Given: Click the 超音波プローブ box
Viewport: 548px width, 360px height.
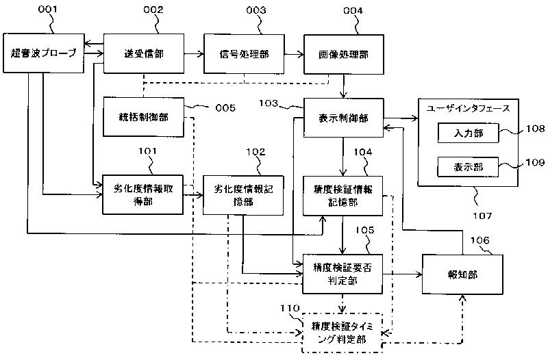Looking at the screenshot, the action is point(44,53).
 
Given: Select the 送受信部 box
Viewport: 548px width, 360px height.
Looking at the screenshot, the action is point(144,53).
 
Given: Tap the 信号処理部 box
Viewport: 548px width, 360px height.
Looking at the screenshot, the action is point(244,54).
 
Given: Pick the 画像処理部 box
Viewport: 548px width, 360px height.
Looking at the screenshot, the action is point(344,54).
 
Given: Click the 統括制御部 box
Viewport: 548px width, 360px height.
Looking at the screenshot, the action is point(143,117).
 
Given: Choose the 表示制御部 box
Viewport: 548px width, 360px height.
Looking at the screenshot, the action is point(344,118).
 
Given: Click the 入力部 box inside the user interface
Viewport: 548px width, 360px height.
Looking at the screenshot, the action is point(468,133).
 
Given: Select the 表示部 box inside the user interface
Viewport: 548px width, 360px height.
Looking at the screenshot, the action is point(468,167).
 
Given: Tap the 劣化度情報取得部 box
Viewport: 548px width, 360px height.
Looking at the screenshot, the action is point(142,194).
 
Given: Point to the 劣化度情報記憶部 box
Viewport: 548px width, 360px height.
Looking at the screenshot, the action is point(243,195).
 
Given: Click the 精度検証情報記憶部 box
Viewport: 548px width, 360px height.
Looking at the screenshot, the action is point(343,196).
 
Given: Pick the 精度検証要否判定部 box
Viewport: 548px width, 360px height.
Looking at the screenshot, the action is point(342,274).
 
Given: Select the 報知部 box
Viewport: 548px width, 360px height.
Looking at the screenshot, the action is point(462,274).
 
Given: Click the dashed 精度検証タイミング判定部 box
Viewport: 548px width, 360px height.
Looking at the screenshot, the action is point(342,333).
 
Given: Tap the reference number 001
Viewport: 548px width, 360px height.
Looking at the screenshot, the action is point(47,9).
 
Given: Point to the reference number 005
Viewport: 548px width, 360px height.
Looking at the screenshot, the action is point(225,108).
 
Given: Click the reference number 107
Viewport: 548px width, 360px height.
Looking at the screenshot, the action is point(482,216).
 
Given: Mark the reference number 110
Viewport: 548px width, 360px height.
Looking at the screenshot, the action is point(290,308).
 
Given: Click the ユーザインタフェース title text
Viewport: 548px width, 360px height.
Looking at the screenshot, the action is point(468,108).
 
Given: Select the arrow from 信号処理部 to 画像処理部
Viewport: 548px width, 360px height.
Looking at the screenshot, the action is point(294,54).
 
